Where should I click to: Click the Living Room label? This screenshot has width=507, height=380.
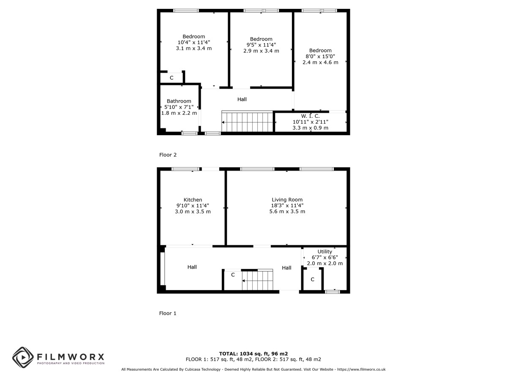[x=287, y=200]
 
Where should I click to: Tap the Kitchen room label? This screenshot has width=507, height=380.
[x=193, y=200]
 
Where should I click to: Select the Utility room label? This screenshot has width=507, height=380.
[x=324, y=252]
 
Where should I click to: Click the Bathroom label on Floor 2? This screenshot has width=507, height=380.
[x=179, y=101]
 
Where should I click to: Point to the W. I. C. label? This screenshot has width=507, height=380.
[x=310, y=116]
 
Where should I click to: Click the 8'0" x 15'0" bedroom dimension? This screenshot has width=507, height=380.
[x=320, y=56]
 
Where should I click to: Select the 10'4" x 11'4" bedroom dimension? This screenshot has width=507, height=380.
[x=194, y=42]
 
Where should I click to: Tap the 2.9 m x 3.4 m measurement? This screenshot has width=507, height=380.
[x=261, y=51]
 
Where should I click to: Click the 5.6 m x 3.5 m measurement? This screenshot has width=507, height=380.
[x=287, y=212]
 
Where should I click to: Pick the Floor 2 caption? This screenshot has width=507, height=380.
[x=168, y=155]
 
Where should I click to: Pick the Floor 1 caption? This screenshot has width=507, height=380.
[x=167, y=313]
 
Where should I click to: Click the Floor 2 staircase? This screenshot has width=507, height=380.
[x=247, y=121]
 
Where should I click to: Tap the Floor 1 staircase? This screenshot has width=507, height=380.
[x=257, y=280]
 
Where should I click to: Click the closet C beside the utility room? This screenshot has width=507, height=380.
[x=312, y=280]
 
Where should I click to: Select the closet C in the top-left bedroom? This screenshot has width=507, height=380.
[x=172, y=78]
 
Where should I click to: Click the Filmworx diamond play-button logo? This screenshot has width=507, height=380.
[x=23, y=357]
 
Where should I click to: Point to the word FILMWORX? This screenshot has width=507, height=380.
[x=71, y=357]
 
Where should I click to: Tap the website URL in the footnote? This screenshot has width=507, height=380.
[x=361, y=369]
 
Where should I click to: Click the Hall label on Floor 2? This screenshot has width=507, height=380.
[x=242, y=100]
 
